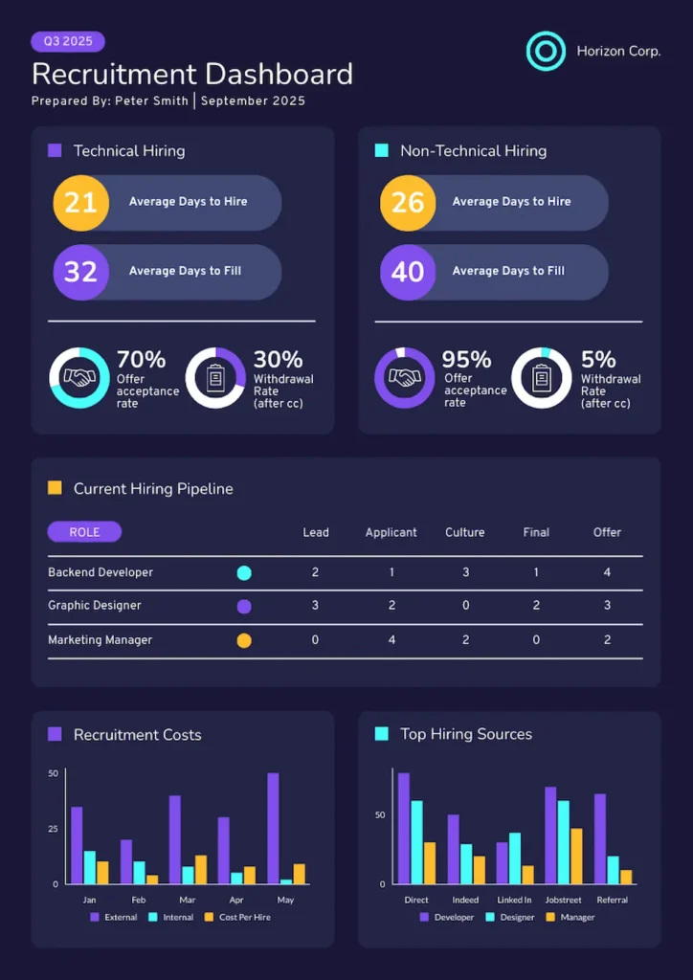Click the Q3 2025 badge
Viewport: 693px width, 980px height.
(68, 41)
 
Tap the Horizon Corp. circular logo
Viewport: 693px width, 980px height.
(547, 51)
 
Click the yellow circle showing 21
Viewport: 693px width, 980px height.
(80, 202)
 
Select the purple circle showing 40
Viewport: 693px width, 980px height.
(408, 272)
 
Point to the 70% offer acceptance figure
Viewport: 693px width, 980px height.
(141, 360)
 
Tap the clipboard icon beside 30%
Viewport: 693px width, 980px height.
(214, 378)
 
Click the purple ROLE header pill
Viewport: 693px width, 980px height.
(84, 532)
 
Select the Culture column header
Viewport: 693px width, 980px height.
(465, 532)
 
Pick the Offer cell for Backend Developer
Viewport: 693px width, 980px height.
(607, 572)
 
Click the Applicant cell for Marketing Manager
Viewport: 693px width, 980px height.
(391, 640)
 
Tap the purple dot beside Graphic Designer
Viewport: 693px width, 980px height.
(244, 606)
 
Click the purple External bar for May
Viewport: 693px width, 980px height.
(273, 828)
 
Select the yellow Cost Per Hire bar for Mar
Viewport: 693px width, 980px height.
(200, 869)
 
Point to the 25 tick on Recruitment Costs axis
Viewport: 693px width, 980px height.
(53, 828)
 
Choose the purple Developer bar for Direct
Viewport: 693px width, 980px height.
(404, 828)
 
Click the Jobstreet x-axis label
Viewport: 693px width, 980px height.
(563, 900)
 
